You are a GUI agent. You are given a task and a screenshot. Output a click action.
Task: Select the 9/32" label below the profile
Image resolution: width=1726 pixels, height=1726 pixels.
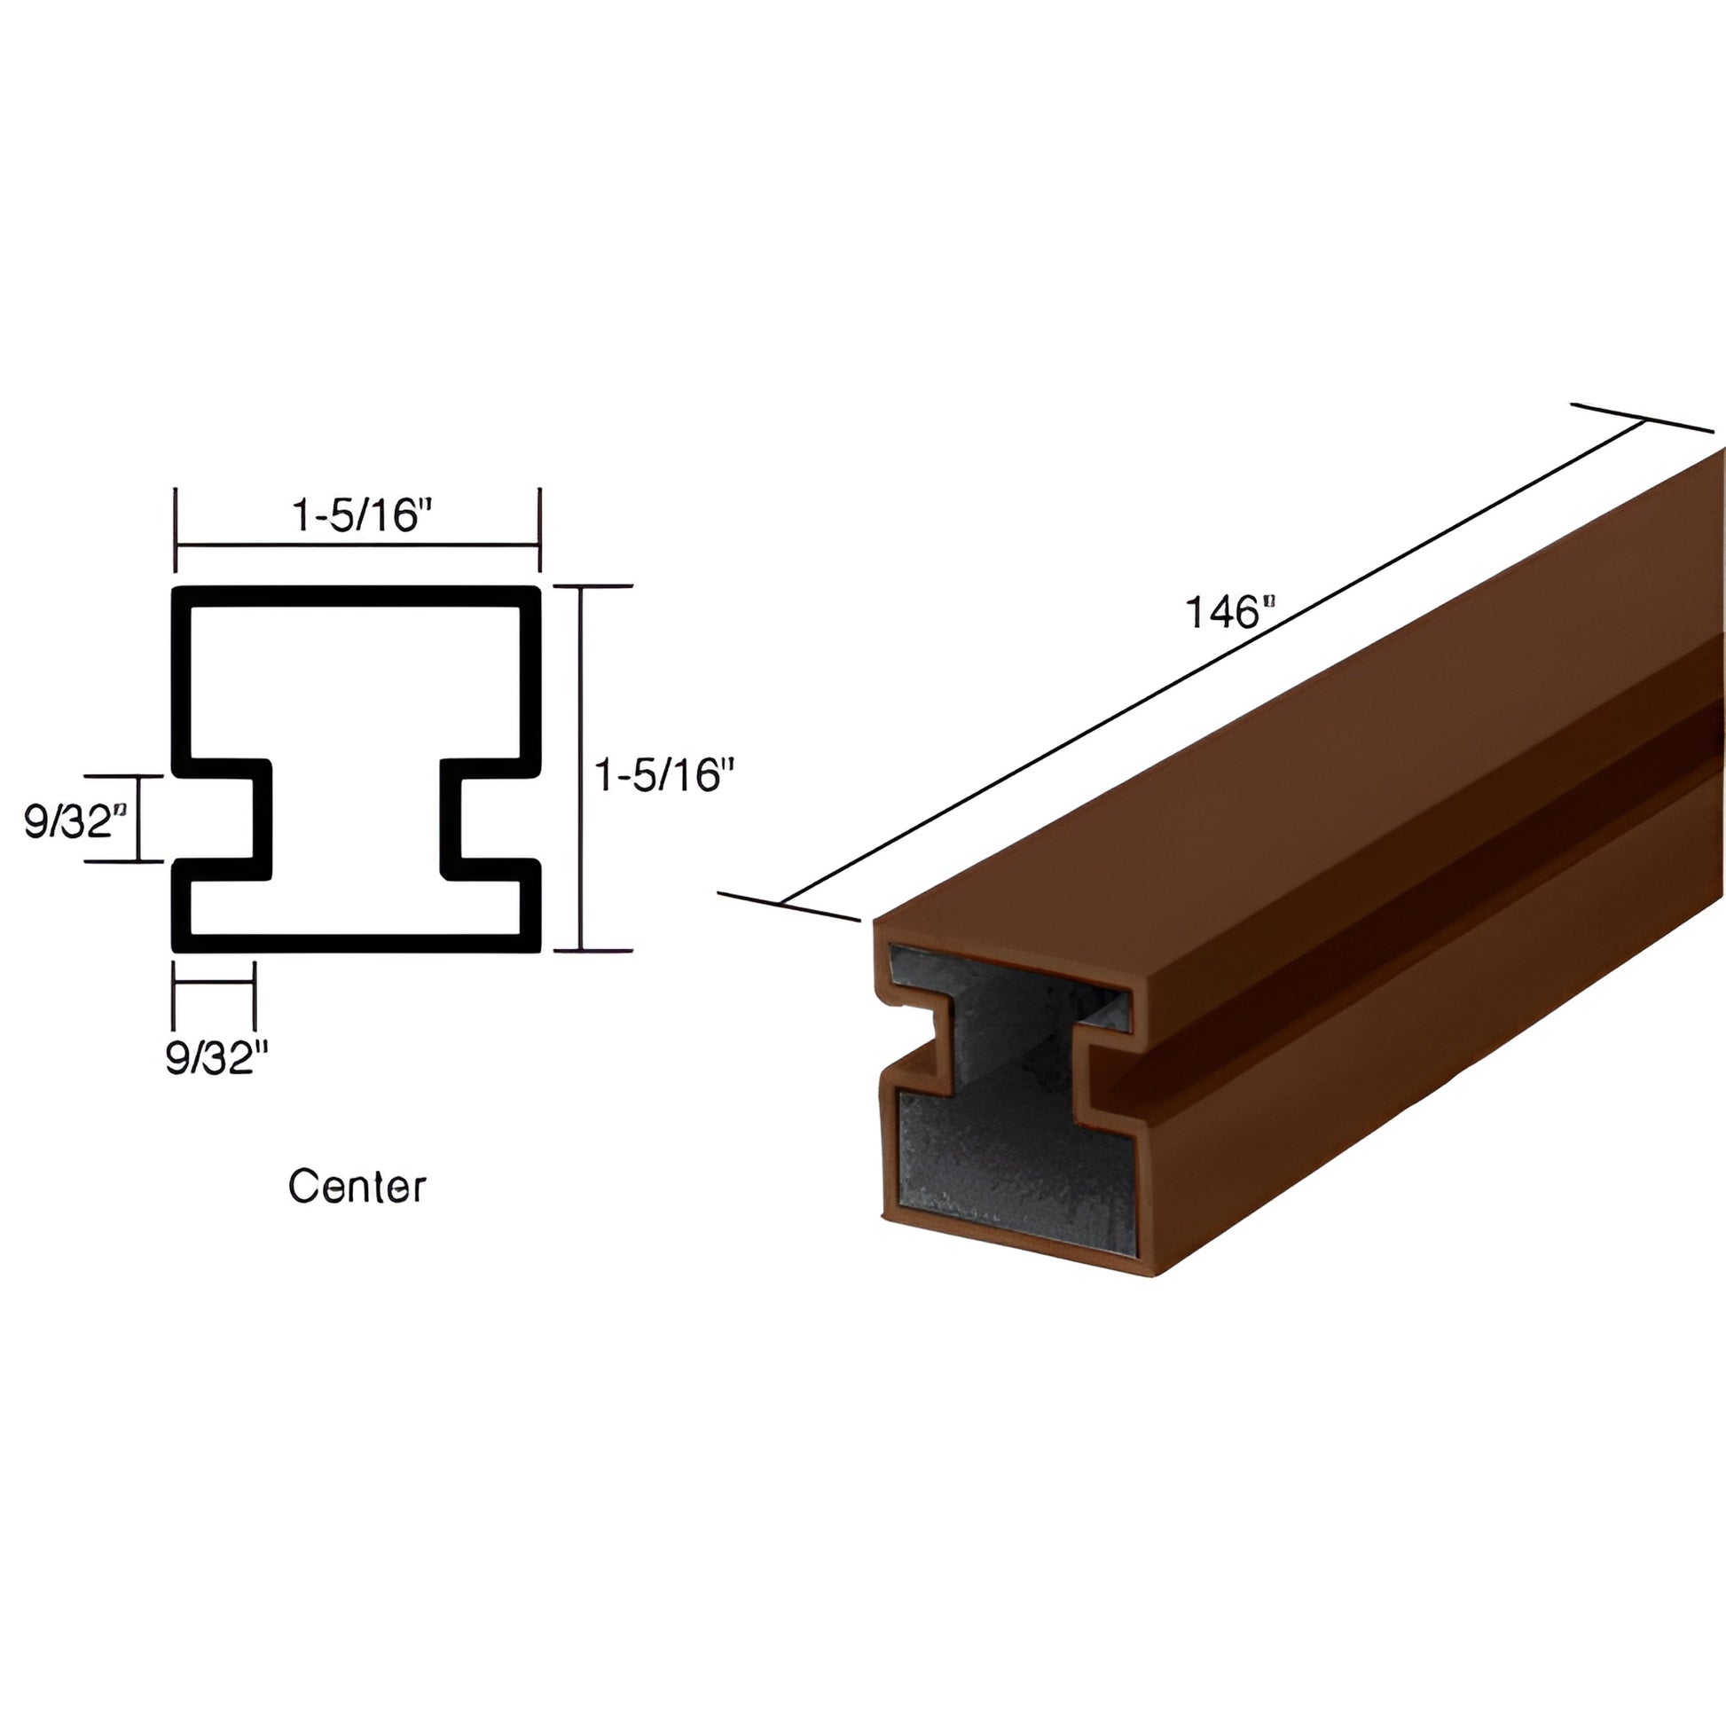point(216,1058)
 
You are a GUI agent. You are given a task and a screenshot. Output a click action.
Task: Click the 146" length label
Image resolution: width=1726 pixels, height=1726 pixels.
point(1228,613)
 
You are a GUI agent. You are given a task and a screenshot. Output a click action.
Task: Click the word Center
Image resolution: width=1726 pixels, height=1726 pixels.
point(357,1187)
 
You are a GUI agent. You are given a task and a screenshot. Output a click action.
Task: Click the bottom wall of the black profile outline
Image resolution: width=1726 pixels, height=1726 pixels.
point(357,943)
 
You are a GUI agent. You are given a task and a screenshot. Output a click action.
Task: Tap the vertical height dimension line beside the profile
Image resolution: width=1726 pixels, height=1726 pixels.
point(582,768)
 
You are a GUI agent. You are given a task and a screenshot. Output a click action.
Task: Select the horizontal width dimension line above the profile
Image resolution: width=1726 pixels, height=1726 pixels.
point(357,545)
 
